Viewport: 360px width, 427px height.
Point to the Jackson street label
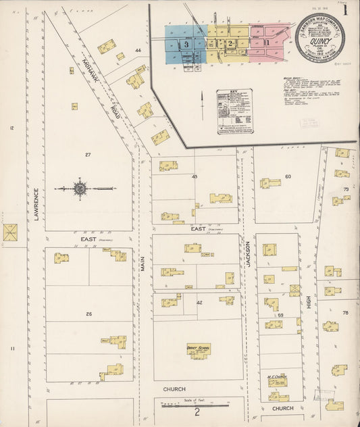point(248,253)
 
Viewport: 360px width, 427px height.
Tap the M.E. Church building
point(276,380)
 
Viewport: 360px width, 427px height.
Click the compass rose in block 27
point(80,189)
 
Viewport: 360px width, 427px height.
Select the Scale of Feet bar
point(197,405)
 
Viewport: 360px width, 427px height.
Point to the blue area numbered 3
point(186,44)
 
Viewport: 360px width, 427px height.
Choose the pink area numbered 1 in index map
point(267,43)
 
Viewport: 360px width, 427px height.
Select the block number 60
point(287,176)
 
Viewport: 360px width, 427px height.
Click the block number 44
point(138,51)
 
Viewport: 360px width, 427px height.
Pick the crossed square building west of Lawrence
point(10,233)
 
